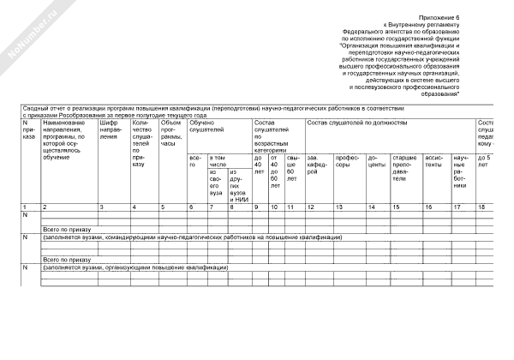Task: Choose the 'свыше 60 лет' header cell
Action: pyautogui.click(x=293, y=168)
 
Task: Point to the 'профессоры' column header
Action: pyautogui.click(x=348, y=161)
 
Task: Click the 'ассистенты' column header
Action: pyautogui.click(x=435, y=161)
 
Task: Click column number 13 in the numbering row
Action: pyautogui.click(x=339, y=207)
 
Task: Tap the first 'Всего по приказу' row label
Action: pyautogui.click(x=69, y=230)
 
